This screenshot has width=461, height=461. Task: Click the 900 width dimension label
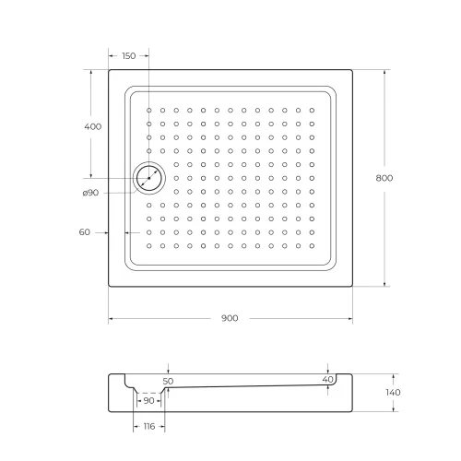230,318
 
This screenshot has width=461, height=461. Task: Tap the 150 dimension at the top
128,56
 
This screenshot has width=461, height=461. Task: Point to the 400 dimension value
92,126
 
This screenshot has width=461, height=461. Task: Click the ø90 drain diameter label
90,192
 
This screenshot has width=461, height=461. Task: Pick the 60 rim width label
85,232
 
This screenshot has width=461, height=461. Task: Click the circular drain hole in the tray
148,177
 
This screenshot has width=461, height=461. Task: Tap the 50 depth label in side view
167,380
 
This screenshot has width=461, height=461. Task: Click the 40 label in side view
327,379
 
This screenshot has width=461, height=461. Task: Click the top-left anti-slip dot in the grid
148,110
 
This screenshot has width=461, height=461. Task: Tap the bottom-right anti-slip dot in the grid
313,245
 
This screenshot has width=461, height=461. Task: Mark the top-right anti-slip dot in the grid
313,110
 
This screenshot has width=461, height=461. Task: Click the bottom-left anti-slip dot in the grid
148,245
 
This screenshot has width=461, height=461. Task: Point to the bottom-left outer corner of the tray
109,286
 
